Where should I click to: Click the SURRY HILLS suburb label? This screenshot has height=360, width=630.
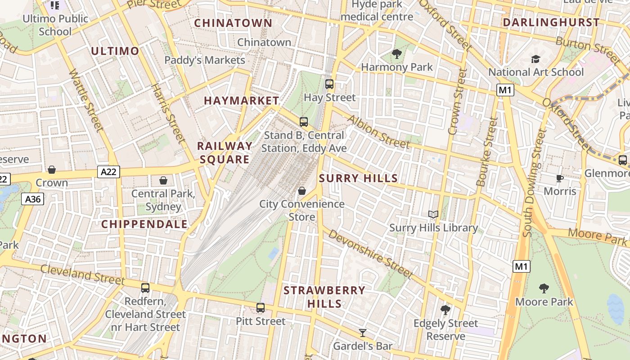point(358,178)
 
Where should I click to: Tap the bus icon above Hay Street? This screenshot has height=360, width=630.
point(329,84)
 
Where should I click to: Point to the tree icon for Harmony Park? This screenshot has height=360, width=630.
point(396,54)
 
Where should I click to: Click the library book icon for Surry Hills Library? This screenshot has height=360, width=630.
point(433,215)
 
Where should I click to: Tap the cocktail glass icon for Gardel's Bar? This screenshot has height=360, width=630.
point(362,333)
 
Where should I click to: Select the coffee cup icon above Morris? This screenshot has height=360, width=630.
point(560,179)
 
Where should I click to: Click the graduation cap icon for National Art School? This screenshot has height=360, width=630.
point(535,59)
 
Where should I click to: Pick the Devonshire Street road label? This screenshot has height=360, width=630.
point(370,254)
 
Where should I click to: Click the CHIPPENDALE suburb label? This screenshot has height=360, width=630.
point(144,224)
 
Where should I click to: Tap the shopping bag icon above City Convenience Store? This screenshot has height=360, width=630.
point(302,191)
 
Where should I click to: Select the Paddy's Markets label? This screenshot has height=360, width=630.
point(205,60)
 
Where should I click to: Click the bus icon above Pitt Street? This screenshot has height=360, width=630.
point(261,308)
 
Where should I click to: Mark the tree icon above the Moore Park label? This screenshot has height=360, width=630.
point(544,288)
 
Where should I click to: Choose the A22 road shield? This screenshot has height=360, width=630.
point(108,171)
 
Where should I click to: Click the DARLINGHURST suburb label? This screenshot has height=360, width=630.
point(551,22)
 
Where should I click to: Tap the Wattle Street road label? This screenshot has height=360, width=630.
point(86,101)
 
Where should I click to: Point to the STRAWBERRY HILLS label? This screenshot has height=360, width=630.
point(324,297)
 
